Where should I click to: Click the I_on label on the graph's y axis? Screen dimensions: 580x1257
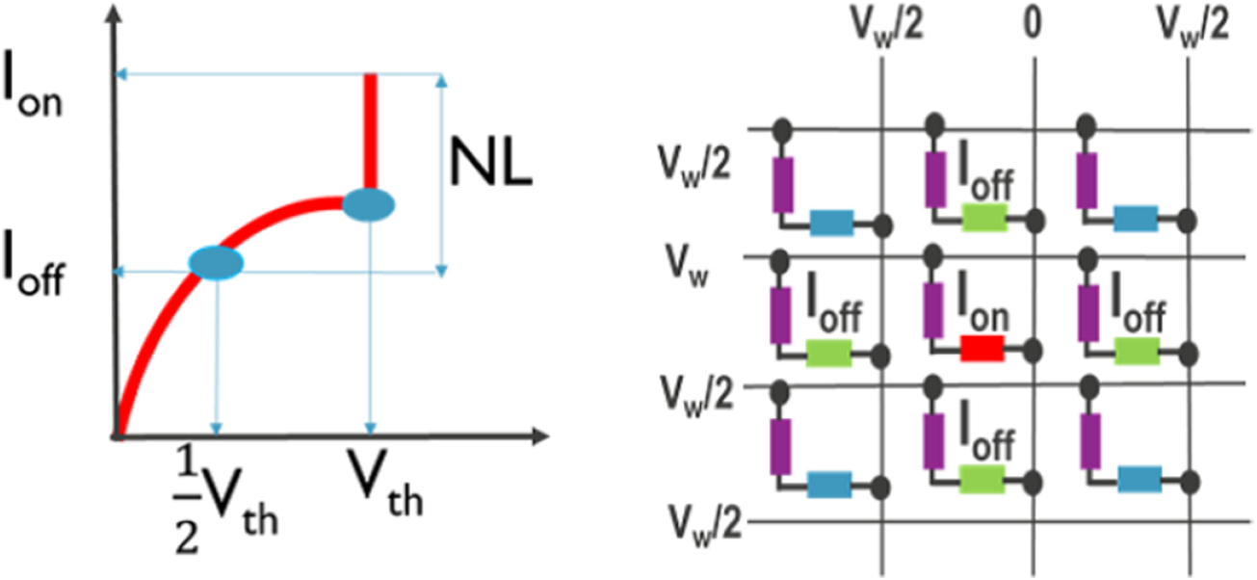coord(35,92)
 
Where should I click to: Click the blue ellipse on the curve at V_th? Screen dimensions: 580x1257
coord(369,205)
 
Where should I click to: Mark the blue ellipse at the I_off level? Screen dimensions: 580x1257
coord(216,261)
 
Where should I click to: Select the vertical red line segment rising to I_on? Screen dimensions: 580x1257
coord(369,130)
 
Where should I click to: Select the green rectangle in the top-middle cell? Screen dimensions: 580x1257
coord(983,221)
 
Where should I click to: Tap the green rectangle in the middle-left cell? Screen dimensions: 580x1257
coord(828,354)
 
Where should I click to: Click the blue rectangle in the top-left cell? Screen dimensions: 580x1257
coord(832,224)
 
